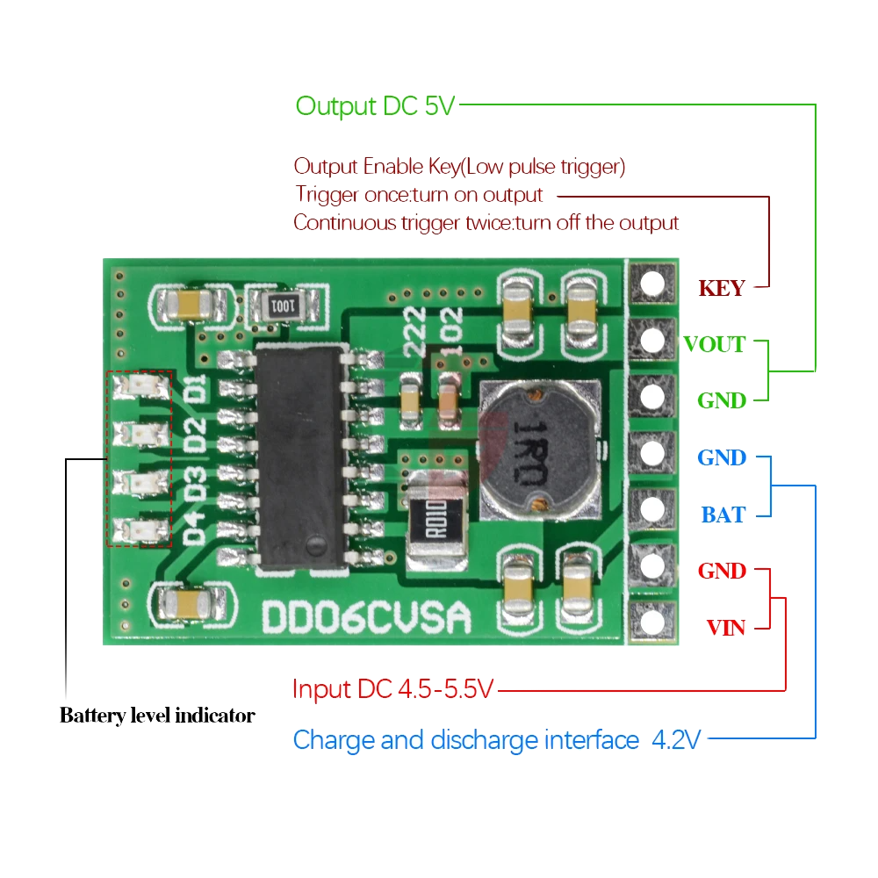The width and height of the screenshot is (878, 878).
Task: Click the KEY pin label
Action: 721,288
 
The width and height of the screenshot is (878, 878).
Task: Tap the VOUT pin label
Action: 714,344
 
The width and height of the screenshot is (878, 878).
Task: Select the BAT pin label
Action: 723,515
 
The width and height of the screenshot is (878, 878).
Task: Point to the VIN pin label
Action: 726,628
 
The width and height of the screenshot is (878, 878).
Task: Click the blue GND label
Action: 722,457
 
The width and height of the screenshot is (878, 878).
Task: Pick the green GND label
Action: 722,400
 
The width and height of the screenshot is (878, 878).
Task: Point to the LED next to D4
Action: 140,529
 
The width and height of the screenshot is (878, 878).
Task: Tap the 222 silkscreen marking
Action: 416,331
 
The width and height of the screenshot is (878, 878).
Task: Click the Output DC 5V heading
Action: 376,106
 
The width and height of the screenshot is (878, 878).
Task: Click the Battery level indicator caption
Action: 157,716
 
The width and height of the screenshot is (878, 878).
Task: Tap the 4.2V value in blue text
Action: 676,740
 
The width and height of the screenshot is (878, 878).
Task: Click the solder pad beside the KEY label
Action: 652,284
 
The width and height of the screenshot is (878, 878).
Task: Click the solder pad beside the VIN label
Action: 652,623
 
